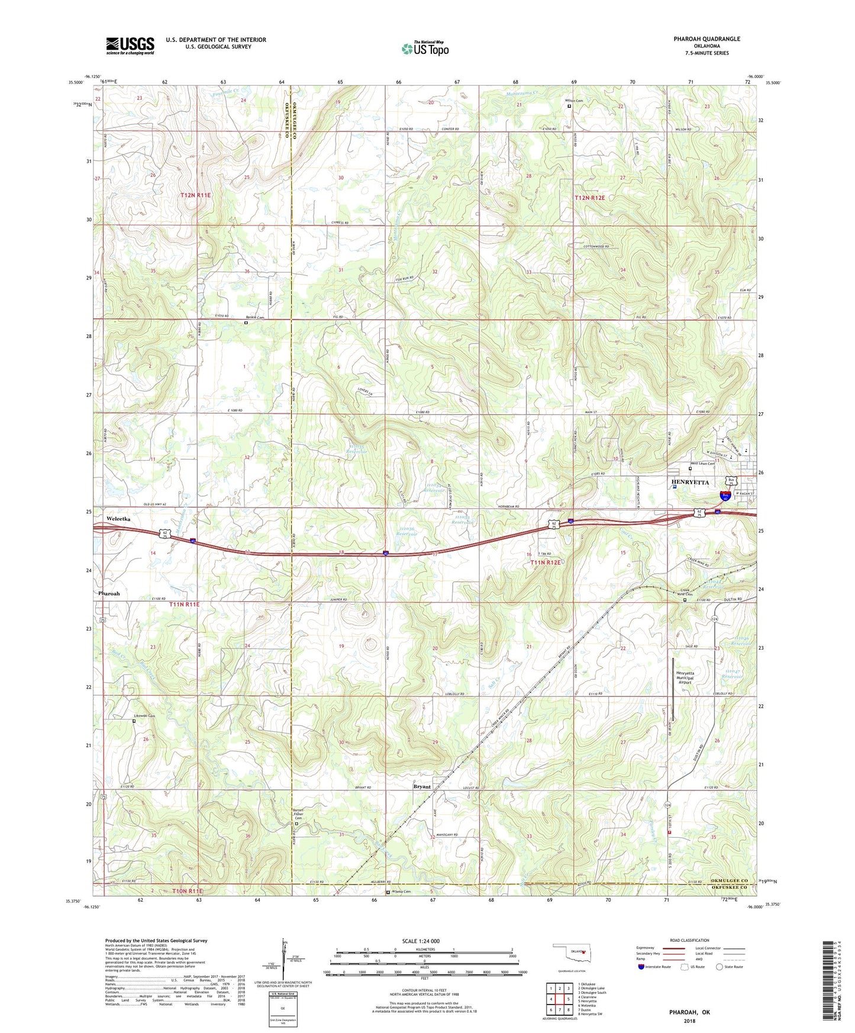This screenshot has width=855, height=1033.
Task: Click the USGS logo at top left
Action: tap(130, 45)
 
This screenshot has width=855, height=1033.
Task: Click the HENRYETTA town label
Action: tap(690, 482)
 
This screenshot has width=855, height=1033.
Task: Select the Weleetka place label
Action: tap(118, 518)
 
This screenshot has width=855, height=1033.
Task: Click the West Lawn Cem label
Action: tap(701, 464)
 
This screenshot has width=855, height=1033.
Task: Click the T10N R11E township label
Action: tap(187, 890)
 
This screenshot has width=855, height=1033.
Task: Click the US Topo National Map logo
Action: tap(425, 48)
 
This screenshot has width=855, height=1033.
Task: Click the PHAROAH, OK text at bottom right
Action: tap(689, 1012)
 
